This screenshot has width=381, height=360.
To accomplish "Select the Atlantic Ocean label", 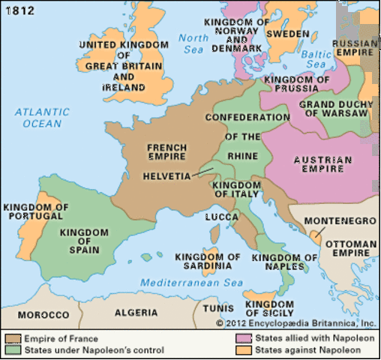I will point(44,117).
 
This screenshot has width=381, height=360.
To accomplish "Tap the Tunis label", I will point(217,308).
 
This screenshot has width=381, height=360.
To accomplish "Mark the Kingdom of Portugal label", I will point(36,211).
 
